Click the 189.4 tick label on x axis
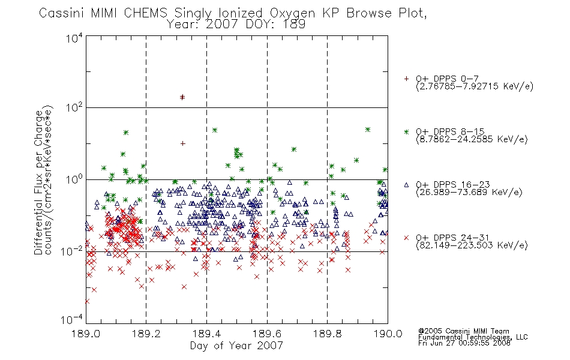206,334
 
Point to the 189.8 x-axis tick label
327,334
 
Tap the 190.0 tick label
388,334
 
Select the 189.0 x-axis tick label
86,334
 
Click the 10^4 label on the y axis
74,38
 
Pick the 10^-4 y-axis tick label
71,319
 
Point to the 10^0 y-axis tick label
74,179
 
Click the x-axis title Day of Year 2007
236,346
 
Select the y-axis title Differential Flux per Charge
38,182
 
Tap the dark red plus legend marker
406,79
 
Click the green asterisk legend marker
406,131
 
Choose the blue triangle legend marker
406,185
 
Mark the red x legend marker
406,238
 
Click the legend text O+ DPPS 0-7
447,79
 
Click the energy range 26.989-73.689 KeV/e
469,193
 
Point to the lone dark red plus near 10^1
183,143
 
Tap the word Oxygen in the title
292,13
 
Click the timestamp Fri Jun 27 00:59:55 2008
464,343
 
